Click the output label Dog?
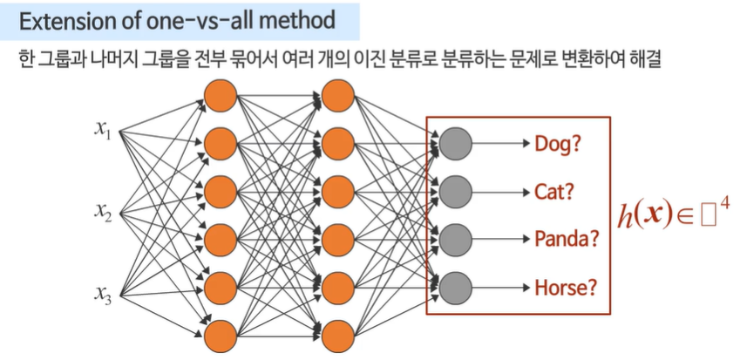coord(558,143)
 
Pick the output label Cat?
coord(555,191)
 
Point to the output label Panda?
coord(567,238)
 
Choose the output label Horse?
coord(564,286)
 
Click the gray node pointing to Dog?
coord(455,142)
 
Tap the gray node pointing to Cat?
coord(455,190)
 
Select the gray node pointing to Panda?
coord(455,238)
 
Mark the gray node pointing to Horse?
coord(455,286)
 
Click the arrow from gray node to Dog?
coord(500,142)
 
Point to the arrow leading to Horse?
coord(500,286)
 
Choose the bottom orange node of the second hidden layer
coord(336,333)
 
